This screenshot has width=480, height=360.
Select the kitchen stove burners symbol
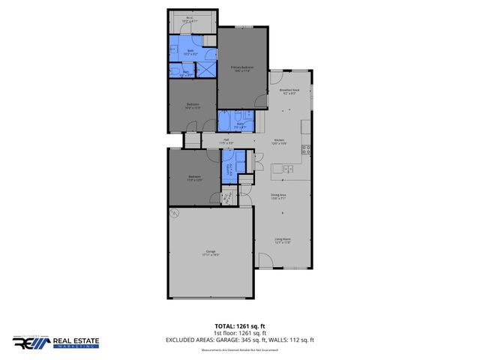point(306,146)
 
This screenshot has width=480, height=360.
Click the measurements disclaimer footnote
point(239,349)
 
